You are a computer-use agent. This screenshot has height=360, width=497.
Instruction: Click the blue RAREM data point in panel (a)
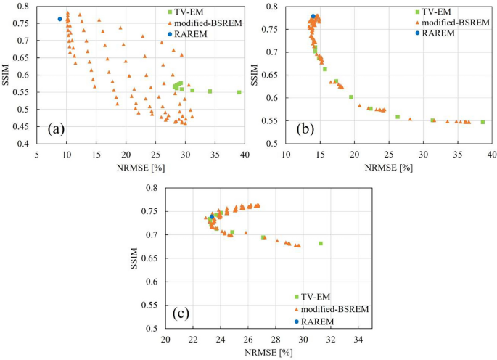coord(59,19)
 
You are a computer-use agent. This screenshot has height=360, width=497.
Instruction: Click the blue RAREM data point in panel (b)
coord(313,16)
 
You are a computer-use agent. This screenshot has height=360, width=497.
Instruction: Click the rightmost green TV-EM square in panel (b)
coord(482,122)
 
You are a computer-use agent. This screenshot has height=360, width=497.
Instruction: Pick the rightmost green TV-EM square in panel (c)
coord(320,243)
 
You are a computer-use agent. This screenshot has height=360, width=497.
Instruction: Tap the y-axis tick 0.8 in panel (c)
coord(154,188)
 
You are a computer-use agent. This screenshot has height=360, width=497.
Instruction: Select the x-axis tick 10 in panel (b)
coord(286,154)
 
